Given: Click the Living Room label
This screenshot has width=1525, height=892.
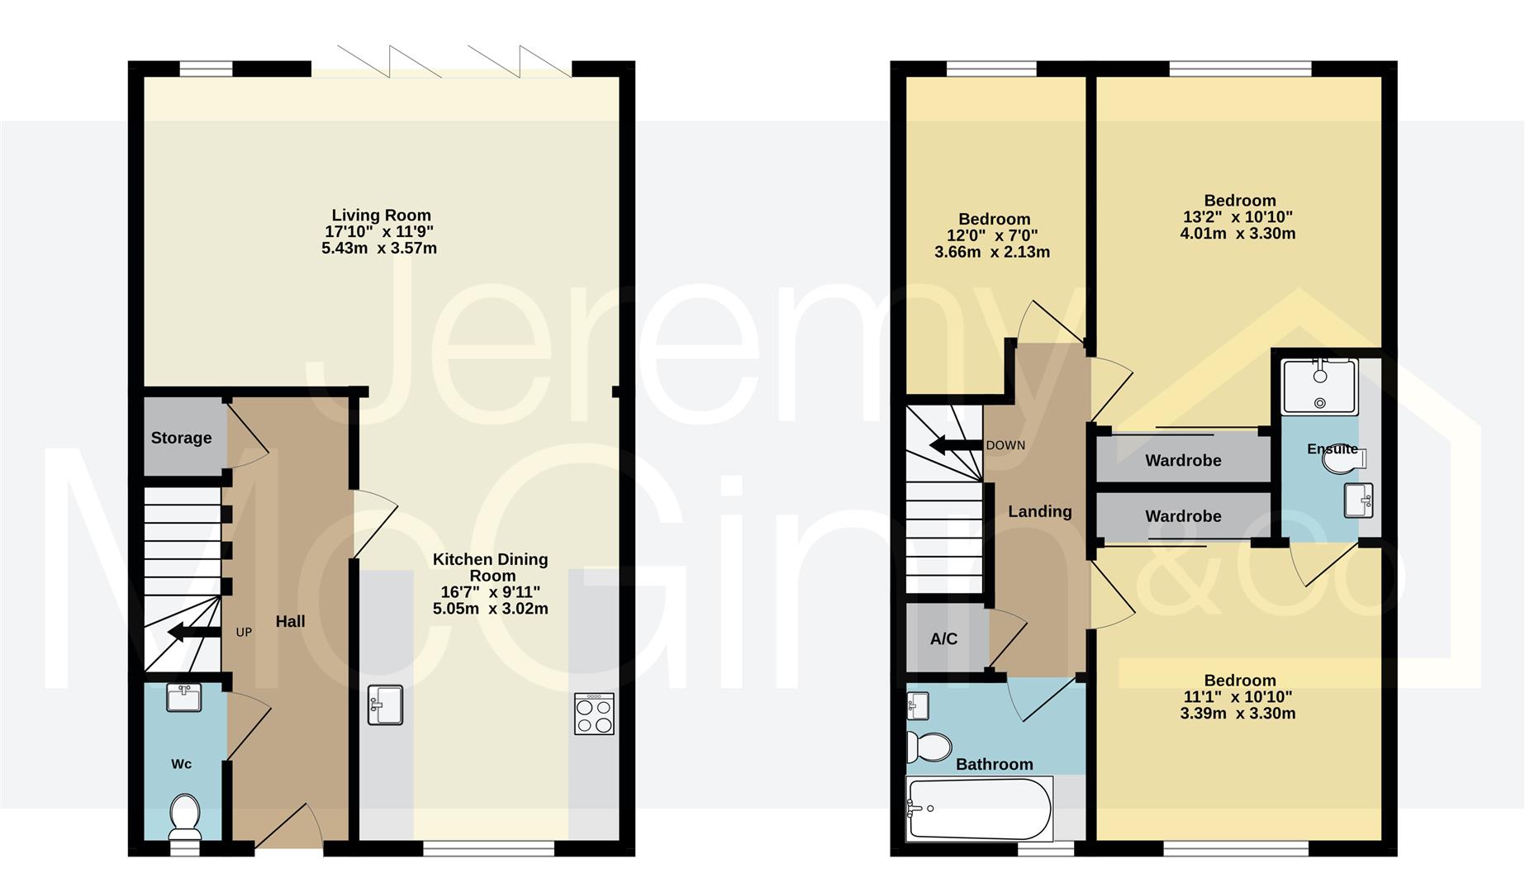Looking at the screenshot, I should (381, 216).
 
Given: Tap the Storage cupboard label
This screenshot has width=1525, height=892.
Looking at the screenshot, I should (181, 438).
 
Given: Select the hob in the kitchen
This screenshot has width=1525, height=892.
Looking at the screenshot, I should (594, 714).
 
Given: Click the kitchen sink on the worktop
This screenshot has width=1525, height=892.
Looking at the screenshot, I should (385, 705).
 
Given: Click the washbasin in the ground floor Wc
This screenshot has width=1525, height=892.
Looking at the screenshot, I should (183, 698).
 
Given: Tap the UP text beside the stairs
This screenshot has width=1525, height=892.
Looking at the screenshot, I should (244, 632).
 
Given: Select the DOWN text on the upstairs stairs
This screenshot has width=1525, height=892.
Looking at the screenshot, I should (1005, 445).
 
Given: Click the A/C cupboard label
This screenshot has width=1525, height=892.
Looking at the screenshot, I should (943, 638).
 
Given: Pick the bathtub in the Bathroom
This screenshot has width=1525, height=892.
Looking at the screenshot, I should (979, 809).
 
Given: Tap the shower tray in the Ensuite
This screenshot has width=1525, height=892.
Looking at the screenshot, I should (1319, 387).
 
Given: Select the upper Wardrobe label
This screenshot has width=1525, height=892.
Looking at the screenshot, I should (1182, 460).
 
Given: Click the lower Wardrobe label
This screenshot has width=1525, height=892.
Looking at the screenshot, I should (1182, 516).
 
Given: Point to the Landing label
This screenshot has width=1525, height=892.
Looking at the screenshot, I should (1039, 511).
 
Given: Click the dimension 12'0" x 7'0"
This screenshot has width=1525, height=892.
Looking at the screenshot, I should (992, 235).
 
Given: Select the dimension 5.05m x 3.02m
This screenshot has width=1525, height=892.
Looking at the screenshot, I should (490, 609).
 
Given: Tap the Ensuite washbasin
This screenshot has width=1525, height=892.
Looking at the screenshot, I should (1358, 500).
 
